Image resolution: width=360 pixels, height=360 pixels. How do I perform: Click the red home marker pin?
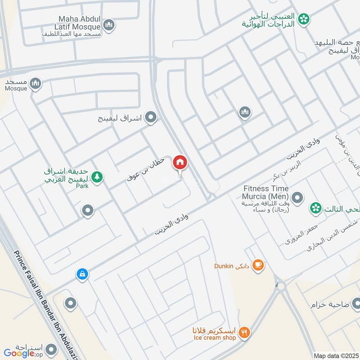(180, 162)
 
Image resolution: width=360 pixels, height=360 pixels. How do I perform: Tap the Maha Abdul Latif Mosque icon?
(108, 25)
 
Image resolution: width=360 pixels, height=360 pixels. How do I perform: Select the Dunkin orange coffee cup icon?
(258, 265)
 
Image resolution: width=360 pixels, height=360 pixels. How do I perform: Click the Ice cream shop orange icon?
(245, 333)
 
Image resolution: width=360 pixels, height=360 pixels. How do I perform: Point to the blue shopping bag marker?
(81, 274)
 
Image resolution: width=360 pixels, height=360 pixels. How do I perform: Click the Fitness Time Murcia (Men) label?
(266, 193)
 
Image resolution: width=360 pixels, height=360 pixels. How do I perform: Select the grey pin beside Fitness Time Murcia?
(297, 197)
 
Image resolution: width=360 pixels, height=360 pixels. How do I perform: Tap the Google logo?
(19, 353)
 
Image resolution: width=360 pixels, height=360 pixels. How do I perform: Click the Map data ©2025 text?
(335, 356)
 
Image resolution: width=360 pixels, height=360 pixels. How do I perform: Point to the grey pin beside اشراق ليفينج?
(152, 117)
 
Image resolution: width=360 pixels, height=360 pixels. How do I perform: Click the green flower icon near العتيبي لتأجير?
(305, 19)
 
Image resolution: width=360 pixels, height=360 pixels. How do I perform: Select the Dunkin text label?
(223, 265)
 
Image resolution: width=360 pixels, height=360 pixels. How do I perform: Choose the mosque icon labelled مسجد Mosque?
(36, 83)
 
